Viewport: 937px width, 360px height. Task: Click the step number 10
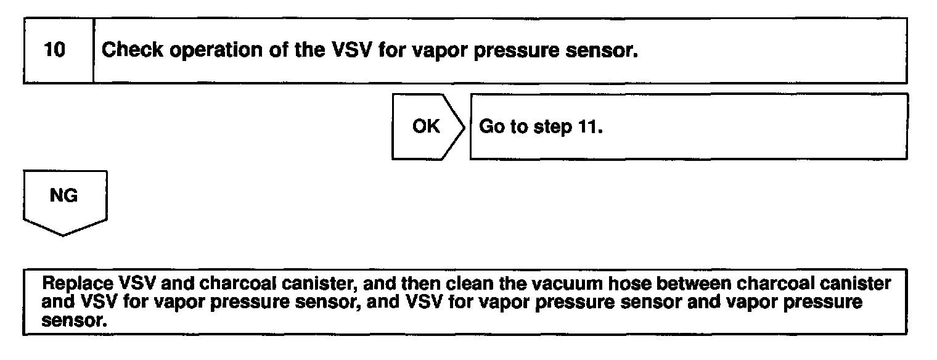[x=55, y=51]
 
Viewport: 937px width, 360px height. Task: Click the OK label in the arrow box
[x=426, y=126]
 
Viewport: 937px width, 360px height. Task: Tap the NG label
[x=63, y=196]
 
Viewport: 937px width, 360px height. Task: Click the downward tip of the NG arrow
[x=63, y=234]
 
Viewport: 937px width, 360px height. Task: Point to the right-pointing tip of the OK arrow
[x=465, y=126]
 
